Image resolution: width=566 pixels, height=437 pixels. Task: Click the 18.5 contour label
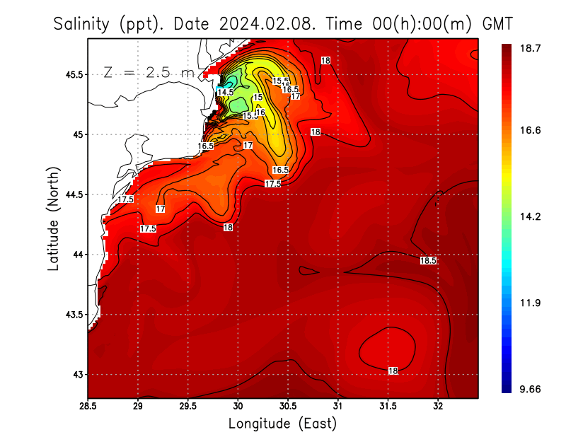428,261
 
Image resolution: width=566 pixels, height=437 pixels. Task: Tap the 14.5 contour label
226,92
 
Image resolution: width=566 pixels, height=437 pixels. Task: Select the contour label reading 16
260,112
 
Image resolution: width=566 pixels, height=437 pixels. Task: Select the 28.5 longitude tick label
88,406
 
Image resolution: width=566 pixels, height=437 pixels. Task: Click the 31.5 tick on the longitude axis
388,406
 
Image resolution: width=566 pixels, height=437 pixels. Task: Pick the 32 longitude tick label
438,406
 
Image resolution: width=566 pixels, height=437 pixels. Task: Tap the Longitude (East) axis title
282,424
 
